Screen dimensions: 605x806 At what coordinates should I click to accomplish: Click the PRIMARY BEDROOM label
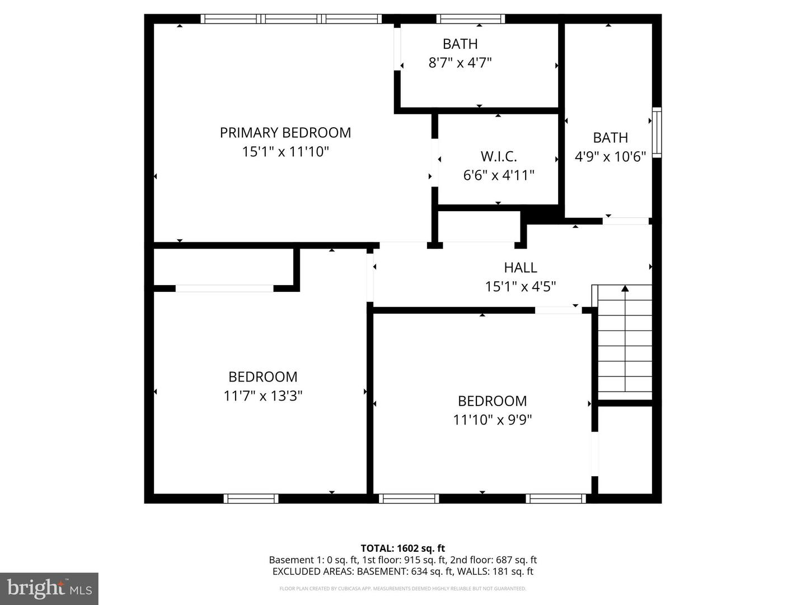pyautogui.click(x=285, y=133)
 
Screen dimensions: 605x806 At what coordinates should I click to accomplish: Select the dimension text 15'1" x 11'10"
pyautogui.click(x=285, y=151)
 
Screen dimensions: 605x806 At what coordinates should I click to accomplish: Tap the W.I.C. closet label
pyautogui.click(x=498, y=156)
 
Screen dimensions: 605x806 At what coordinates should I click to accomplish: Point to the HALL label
pyautogui.click(x=520, y=268)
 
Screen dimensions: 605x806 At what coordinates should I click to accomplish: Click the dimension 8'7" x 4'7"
pyautogui.click(x=460, y=62)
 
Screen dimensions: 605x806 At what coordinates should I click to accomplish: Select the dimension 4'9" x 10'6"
pyautogui.click(x=610, y=156)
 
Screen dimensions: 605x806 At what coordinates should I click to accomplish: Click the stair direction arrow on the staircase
pyautogui.click(x=625, y=290)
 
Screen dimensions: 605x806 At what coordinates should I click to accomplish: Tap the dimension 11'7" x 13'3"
pyautogui.click(x=263, y=396)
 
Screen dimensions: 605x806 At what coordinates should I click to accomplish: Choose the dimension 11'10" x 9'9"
pyautogui.click(x=492, y=420)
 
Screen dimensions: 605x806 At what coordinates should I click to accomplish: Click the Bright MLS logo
pyautogui.click(x=49, y=588)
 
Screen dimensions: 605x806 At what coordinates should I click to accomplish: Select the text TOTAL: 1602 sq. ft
pyautogui.click(x=402, y=548)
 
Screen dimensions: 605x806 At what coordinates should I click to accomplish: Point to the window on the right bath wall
pyautogui.click(x=657, y=133)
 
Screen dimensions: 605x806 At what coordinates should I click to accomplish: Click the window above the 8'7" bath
pyautogui.click(x=470, y=19)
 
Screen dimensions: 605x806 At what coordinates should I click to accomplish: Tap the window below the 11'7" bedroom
pyautogui.click(x=251, y=499)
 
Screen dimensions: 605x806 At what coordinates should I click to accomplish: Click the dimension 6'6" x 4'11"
pyautogui.click(x=498, y=175)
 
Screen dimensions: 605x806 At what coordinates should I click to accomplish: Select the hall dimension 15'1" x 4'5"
pyautogui.click(x=520, y=287)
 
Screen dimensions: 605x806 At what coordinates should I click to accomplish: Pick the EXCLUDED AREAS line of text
pyautogui.click(x=402, y=571)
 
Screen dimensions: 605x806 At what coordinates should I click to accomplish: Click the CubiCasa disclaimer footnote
pyautogui.click(x=402, y=589)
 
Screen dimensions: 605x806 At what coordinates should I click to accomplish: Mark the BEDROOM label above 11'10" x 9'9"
pyautogui.click(x=492, y=401)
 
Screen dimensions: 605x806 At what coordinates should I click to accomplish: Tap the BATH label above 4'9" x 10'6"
pyautogui.click(x=610, y=138)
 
